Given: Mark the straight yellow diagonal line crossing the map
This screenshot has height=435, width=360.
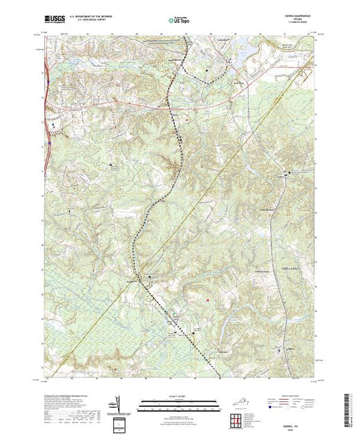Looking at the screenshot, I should click(x=207, y=200).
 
